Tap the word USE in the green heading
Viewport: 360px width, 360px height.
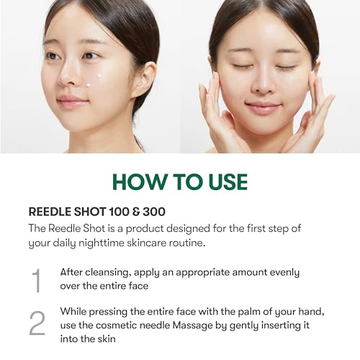[x=228, y=181]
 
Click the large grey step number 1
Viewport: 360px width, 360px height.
[x=37, y=281]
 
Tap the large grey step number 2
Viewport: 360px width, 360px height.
[x=37, y=323]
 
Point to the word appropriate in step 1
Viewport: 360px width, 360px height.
[x=203, y=273]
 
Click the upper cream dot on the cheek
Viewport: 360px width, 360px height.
[x=99, y=76]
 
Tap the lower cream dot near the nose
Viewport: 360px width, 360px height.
[x=89, y=84]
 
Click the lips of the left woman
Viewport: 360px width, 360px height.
[x=71, y=101]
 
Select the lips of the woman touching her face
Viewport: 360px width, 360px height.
[x=263, y=107]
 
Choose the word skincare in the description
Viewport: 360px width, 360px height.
[x=146, y=243]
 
